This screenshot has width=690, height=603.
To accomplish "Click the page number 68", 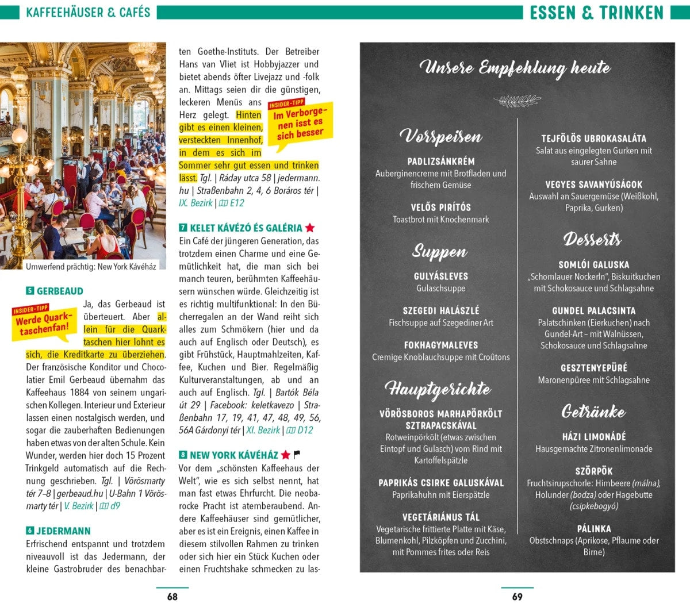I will coord(172,597).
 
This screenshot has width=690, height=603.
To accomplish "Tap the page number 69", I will coord(517,597).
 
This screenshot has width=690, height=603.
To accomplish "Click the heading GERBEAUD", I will coord(60,291).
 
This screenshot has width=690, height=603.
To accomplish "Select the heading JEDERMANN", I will coord(63,531).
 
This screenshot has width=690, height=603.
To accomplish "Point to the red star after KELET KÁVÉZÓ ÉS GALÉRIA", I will coord(310,228).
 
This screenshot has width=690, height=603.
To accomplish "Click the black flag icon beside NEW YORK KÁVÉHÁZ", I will coord(297,455).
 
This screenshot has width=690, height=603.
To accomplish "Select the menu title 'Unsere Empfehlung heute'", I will coord(515,68).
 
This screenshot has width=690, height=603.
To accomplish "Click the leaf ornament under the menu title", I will coord(517,102).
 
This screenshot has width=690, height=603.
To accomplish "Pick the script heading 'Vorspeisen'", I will coord(441,137).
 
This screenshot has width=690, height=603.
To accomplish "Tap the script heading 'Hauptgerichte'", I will coord(438,389).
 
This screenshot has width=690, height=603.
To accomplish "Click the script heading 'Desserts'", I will coord(593,239).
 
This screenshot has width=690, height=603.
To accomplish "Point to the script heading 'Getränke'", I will coord(593,412).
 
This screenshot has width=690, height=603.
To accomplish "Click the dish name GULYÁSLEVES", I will coord(441,276).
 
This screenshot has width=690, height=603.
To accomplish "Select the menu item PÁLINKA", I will coord(594,529).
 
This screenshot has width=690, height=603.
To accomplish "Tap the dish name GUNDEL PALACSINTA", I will coord(594,311).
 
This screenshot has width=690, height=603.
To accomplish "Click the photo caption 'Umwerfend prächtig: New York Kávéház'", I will coord(91,267).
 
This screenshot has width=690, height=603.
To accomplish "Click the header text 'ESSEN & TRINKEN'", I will coord(596,13).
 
